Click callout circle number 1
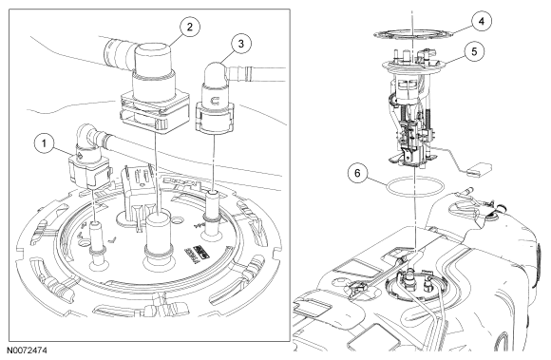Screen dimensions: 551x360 45,143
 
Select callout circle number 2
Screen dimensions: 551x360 190,27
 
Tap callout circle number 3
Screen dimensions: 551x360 241,44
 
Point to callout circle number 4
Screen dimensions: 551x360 482,22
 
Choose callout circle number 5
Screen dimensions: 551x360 474,51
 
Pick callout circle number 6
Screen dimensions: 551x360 358,174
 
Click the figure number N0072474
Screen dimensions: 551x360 27,351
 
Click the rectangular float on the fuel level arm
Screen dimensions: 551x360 480,169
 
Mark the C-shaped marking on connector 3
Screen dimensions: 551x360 214,101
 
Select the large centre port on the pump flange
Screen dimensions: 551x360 160,240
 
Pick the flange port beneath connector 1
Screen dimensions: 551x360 97,246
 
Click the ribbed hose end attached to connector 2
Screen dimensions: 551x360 119,54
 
